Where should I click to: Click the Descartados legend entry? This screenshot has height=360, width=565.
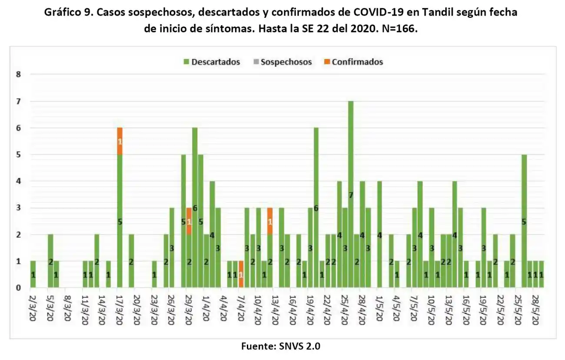tap(212, 62)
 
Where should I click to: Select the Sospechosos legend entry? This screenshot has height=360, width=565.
tap(282, 62)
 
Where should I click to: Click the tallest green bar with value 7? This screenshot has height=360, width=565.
tap(351, 195)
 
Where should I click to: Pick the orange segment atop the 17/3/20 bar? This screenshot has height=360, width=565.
tap(120, 141)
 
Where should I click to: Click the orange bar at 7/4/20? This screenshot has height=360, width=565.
tap(241, 274)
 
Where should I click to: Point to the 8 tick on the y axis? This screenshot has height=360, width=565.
tap(18, 75)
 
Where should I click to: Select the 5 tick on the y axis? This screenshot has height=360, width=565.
tap(18, 155)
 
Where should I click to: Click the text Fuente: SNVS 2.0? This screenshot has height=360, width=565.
tap(282, 346)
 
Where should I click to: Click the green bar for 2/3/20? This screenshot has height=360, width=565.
tap(33, 274)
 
